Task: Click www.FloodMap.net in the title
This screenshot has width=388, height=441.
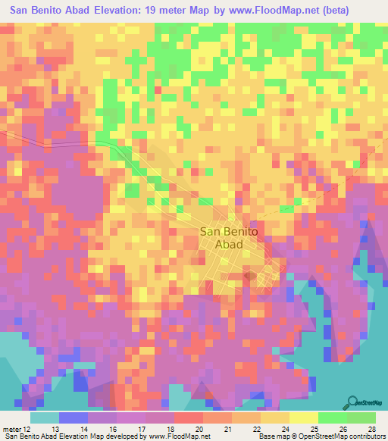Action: [x=296, y=11]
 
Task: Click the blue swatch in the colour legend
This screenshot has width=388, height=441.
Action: [x=73, y=418]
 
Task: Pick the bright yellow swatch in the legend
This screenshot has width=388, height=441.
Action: [x=303, y=418]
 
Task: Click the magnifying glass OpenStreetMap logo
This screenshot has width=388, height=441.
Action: [x=352, y=402]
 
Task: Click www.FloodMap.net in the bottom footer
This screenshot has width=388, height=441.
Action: [x=174, y=436]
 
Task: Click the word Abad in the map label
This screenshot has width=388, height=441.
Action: [x=228, y=246]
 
